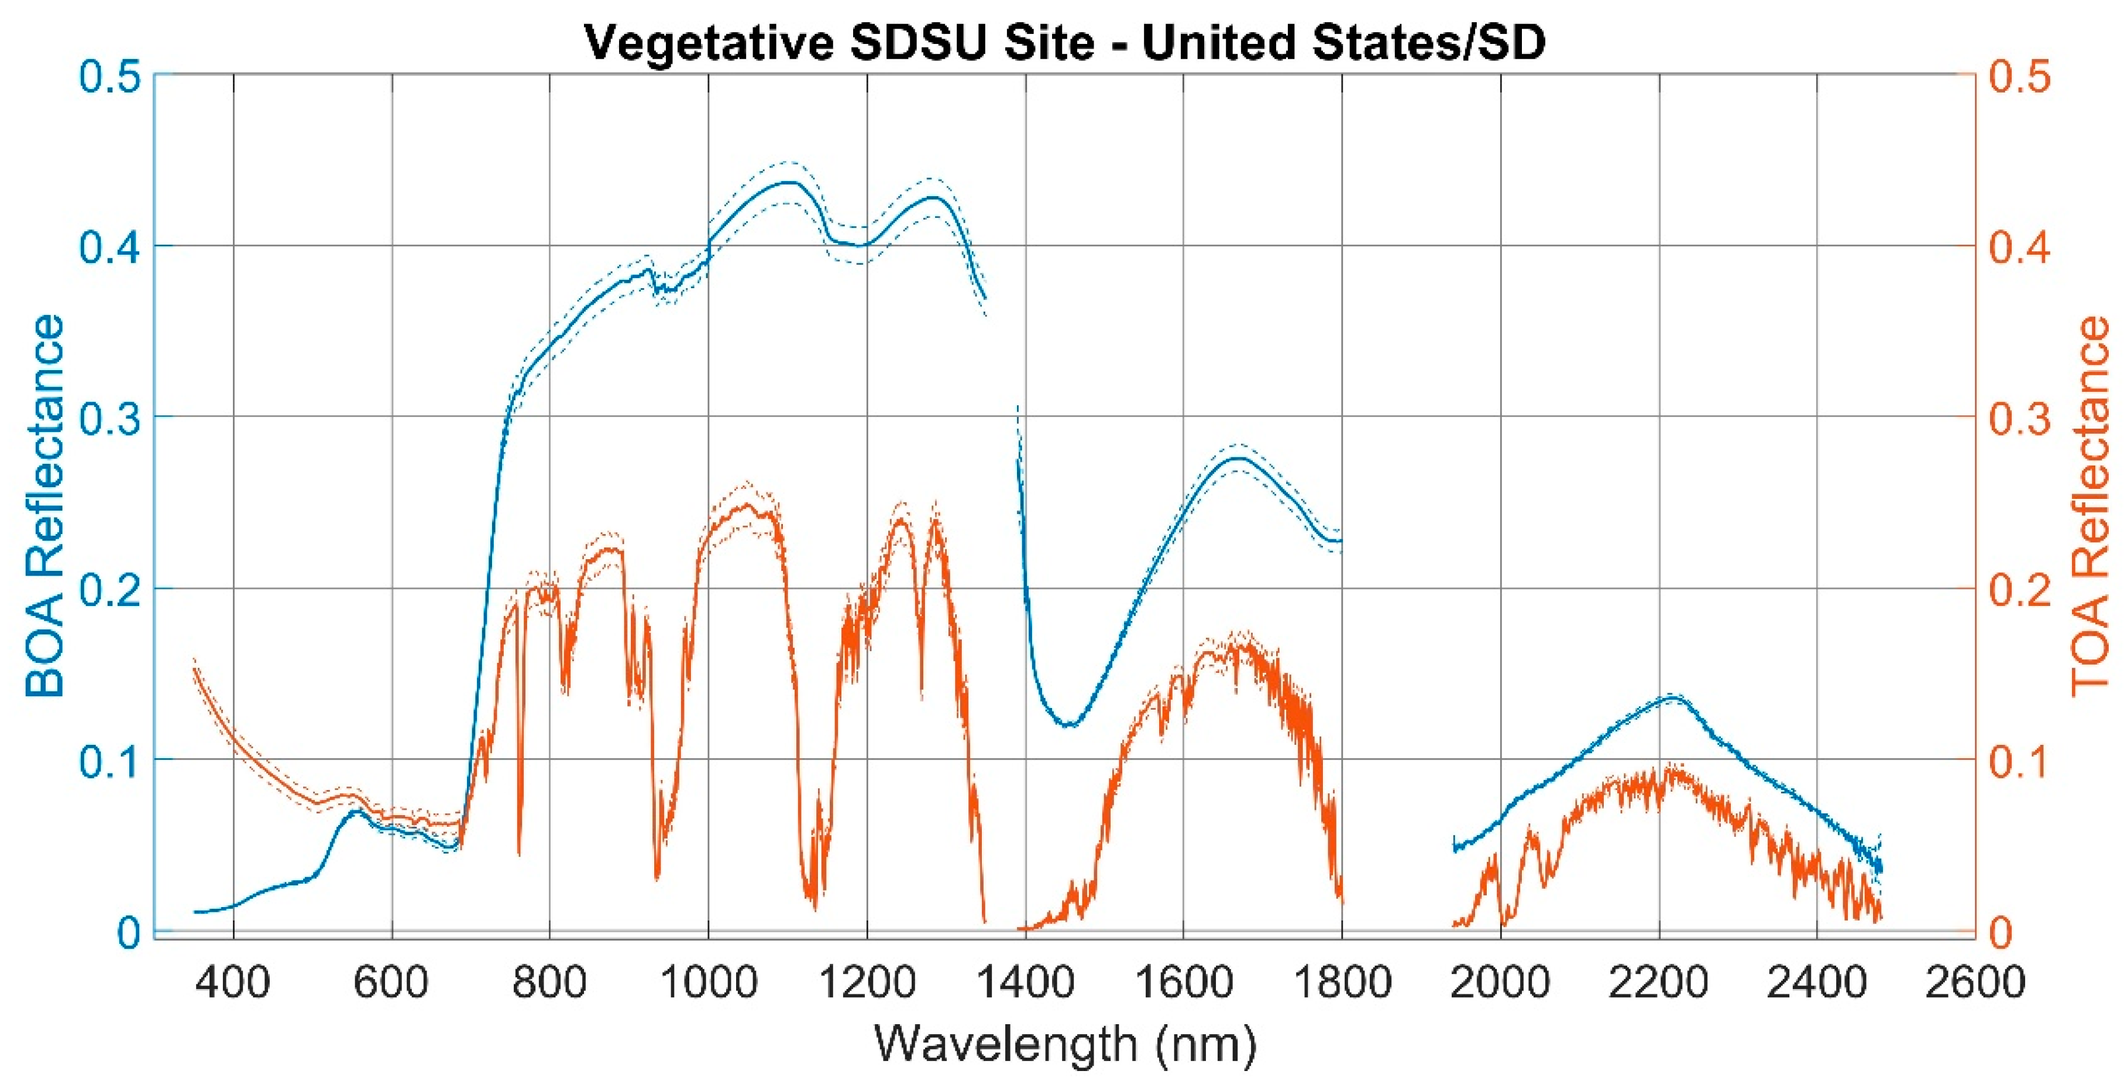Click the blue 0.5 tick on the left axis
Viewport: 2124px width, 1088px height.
click(111, 76)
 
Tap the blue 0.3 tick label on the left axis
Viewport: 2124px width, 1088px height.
click(111, 418)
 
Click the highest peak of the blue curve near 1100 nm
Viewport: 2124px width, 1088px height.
click(788, 182)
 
